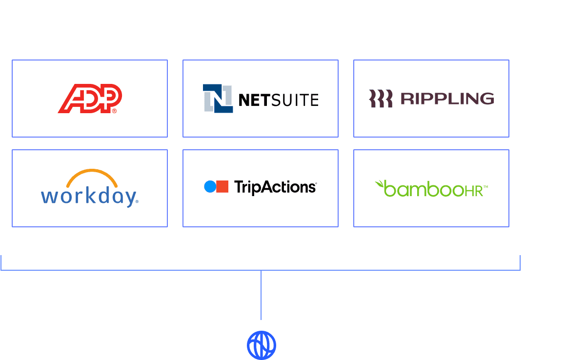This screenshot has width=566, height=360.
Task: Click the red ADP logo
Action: coord(90,98)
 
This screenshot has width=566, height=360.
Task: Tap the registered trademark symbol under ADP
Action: coord(115,111)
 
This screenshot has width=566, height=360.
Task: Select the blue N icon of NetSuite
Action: coord(218,99)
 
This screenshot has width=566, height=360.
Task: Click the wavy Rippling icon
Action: coord(381,99)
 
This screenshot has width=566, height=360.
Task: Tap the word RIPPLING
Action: coord(447,99)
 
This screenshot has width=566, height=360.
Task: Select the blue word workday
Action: coord(88,197)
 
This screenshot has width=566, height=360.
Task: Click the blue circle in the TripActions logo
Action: coord(210,186)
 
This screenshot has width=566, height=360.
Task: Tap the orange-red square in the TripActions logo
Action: coord(222,186)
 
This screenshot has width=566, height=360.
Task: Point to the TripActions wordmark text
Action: coord(275,187)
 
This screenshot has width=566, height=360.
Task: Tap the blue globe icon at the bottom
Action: coord(262,345)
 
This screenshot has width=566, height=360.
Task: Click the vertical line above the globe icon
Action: coord(261,295)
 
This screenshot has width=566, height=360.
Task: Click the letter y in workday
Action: coord(129,198)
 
